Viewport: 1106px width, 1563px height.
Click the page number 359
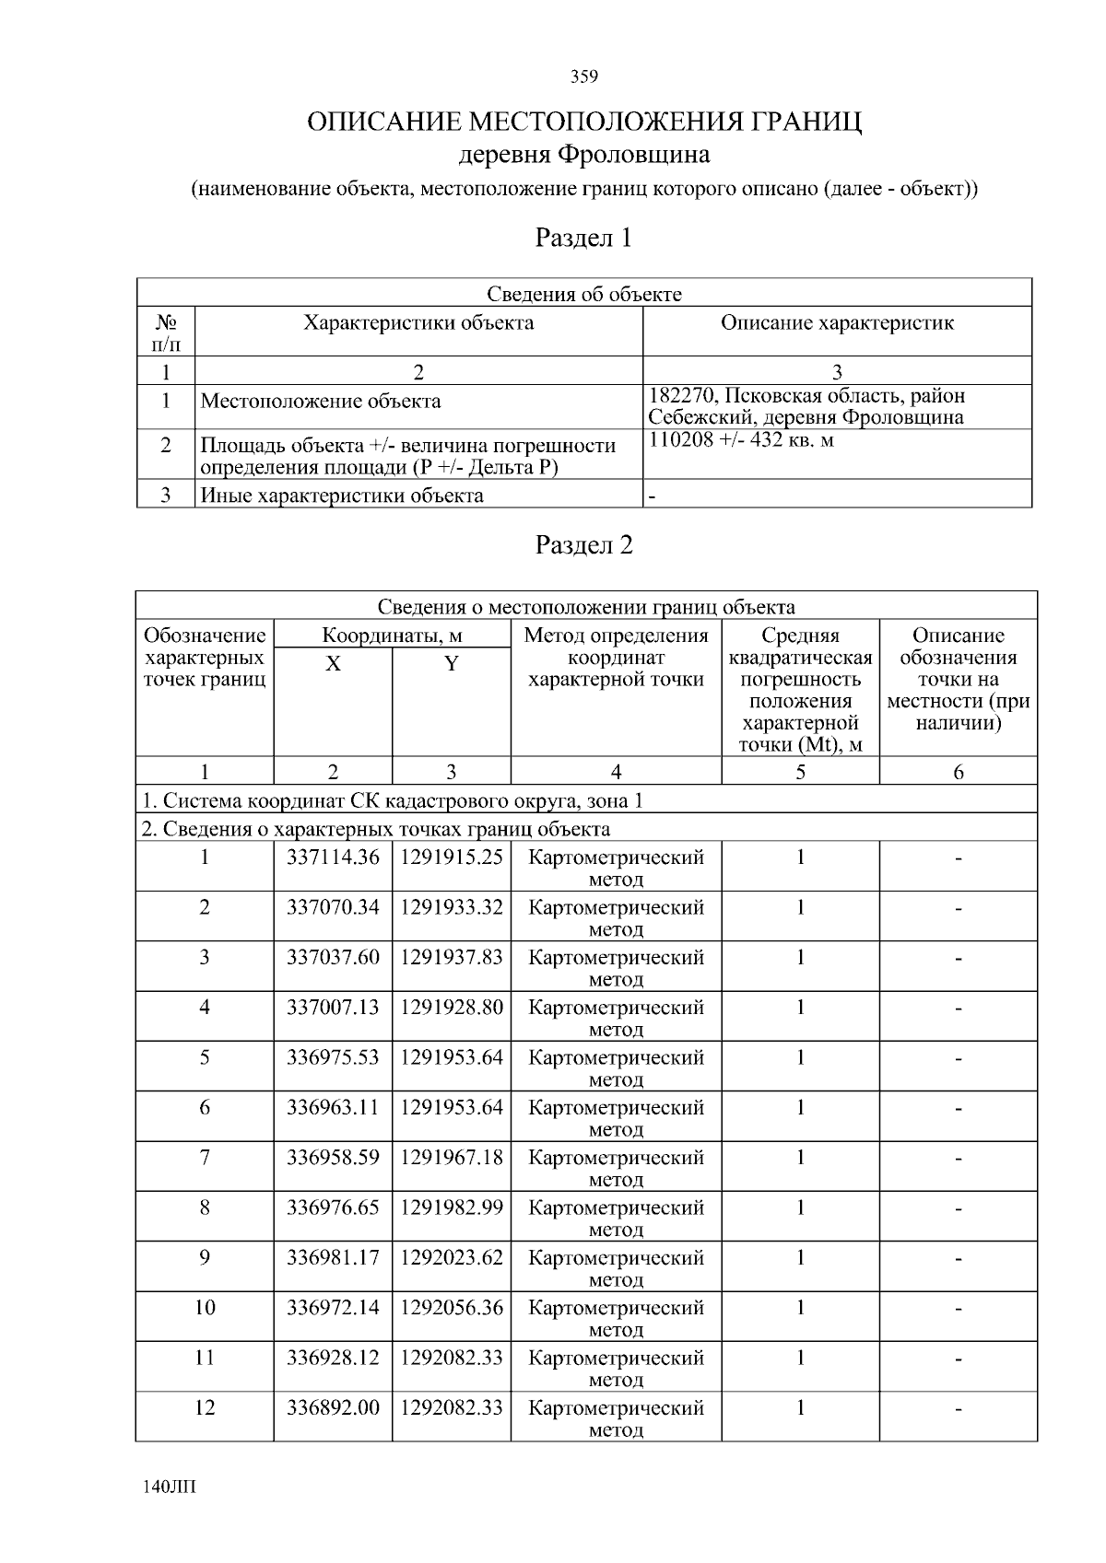(x=583, y=76)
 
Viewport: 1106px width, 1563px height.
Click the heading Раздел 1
(x=583, y=239)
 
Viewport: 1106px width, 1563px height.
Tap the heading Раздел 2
(x=583, y=545)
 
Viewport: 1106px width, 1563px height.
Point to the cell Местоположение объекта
(x=321, y=402)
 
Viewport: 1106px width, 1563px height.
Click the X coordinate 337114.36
(x=333, y=857)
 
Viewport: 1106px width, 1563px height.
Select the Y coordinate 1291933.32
(x=451, y=907)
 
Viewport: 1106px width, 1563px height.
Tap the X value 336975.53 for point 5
(x=333, y=1057)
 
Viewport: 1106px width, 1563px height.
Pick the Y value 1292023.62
(x=451, y=1257)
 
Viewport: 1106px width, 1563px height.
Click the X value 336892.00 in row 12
(x=333, y=1407)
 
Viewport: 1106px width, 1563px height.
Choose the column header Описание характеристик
(x=836, y=323)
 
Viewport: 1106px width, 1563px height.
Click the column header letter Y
(x=451, y=664)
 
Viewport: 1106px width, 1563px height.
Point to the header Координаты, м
(x=392, y=636)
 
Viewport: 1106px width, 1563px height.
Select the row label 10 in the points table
(x=205, y=1308)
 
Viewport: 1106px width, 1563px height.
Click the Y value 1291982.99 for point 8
(x=451, y=1207)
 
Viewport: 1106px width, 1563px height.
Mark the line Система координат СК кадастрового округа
(x=392, y=800)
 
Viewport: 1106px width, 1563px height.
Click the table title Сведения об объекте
(x=583, y=294)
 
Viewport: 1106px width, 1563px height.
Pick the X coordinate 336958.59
(x=333, y=1158)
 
